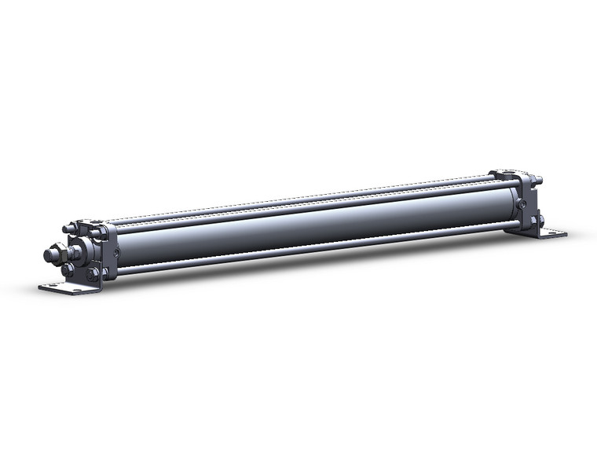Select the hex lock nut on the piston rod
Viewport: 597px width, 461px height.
54,254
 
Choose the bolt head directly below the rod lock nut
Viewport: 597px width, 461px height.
68,269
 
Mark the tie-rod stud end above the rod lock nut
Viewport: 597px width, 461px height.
69,229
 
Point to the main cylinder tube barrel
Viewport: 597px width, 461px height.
314,224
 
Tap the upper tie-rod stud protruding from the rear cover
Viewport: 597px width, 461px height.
539,181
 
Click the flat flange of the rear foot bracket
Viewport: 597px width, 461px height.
550,232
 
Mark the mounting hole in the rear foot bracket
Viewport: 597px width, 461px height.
559,232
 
